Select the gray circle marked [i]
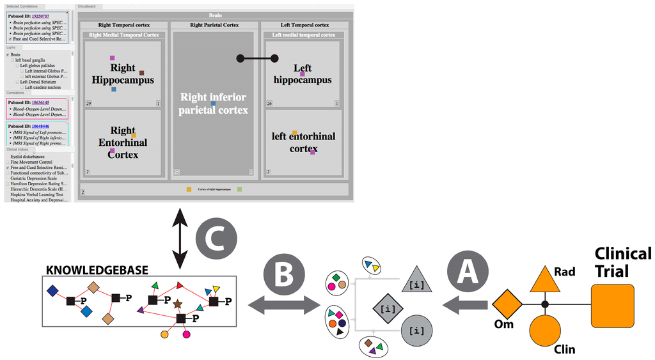(x=416, y=330)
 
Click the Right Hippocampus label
(x=123, y=74)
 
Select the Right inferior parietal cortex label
(x=213, y=104)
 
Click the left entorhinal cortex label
(x=303, y=142)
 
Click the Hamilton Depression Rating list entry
(x=38, y=184)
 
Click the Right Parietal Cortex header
(x=214, y=25)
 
